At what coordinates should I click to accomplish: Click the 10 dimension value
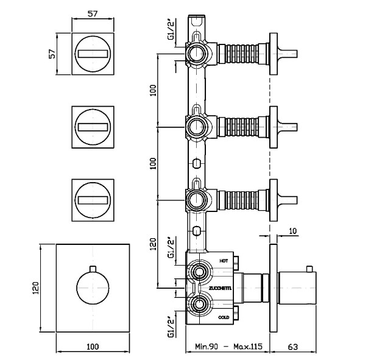tap(294, 231)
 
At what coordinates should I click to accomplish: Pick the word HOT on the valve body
tap(224, 260)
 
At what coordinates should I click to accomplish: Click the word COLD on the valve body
tap(224, 317)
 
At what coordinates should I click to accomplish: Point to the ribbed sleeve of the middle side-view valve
tap(239, 126)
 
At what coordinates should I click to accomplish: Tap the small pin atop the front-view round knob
tap(94, 269)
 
